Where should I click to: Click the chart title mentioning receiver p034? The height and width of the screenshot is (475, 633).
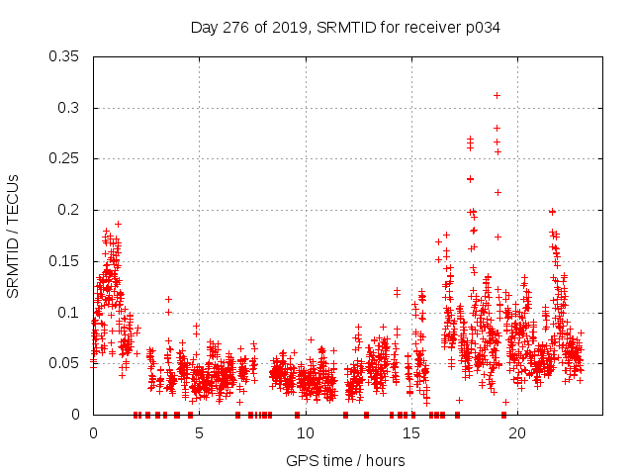345,28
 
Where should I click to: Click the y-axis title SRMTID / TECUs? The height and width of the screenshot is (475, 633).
13,236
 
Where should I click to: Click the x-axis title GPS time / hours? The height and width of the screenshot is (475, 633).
345,460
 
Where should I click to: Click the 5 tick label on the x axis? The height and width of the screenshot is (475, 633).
199,433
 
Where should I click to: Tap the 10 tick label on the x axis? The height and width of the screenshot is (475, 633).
305,433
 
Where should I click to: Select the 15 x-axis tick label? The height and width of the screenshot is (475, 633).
410,433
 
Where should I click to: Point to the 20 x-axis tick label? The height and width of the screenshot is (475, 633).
516,433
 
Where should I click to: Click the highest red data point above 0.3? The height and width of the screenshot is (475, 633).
497,95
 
